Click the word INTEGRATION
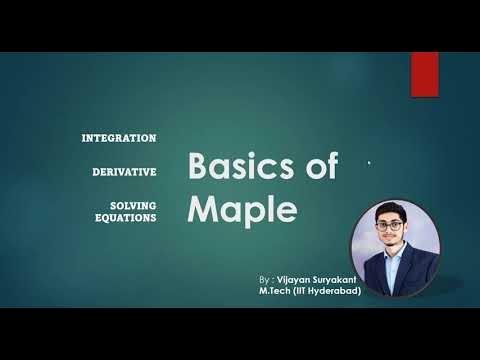coord(119,137)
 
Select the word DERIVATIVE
coord(124,172)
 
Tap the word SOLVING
coord(134,205)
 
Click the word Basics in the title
coord(238,166)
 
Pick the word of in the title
coord(320,166)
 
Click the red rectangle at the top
coord(425,74)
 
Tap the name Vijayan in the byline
coord(297,280)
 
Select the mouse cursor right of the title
coord(369,163)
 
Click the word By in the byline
coord(263,280)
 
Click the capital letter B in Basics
coord(200,166)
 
